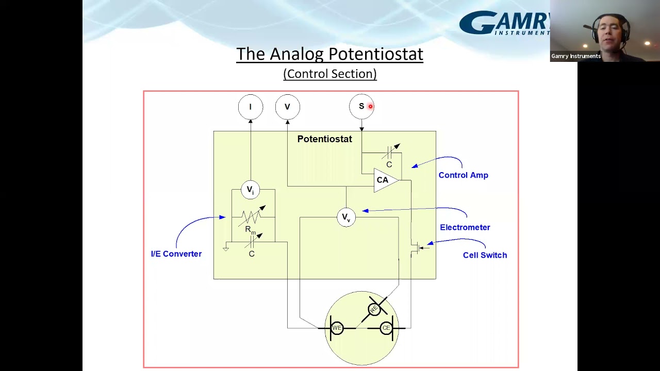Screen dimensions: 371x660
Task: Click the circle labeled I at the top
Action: (251, 107)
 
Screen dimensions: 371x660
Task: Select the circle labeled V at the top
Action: (287, 107)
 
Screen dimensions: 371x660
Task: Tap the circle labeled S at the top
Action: (361, 107)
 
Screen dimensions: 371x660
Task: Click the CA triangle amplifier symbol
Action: (385, 180)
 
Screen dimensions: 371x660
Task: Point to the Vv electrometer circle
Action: (346, 217)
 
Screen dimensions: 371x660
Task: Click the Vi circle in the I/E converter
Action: (250, 190)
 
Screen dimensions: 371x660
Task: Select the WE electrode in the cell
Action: (337, 328)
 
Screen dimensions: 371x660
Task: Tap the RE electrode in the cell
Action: (374, 309)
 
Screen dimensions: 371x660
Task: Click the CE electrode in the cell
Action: (386, 328)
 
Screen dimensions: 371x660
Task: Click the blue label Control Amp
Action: (463, 175)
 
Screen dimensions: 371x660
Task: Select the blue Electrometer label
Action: (465, 227)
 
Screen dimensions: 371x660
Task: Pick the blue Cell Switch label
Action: (485, 255)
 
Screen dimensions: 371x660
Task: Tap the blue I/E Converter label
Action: (176, 254)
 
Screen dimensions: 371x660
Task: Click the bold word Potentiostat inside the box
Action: (324, 139)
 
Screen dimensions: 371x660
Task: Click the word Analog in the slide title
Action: (298, 54)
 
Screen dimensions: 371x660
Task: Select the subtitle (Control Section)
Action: (329, 74)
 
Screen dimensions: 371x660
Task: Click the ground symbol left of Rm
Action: (225, 248)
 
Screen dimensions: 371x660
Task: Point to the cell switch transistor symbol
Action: (417, 248)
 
